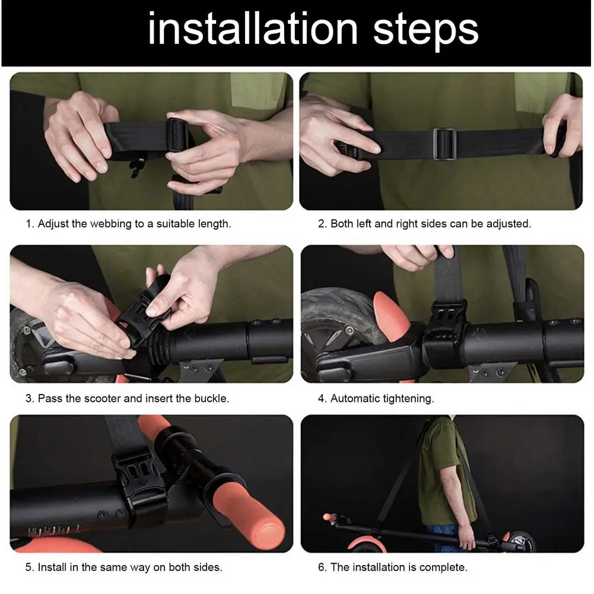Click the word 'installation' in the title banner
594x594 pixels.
pyautogui.click(x=253, y=29)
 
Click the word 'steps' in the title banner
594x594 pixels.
pyautogui.click(x=426, y=31)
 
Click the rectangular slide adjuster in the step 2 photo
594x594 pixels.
pyautogui.click(x=444, y=144)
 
